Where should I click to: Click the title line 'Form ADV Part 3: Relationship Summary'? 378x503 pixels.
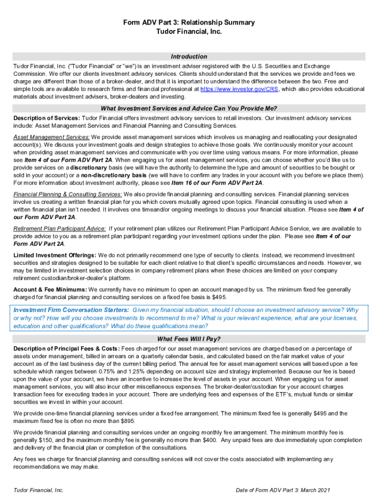[x=189, y=23]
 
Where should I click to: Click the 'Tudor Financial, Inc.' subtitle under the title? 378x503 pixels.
[x=189, y=31]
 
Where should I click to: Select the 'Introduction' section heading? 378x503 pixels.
[x=189, y=56]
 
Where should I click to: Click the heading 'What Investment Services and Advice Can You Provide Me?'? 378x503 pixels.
[x=189, y=109]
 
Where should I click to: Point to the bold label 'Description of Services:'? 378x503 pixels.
[x=46, y=118]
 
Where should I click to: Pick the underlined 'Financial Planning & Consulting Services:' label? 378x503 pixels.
[x=68, y=195]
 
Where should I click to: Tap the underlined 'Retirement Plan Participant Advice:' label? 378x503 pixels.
[x=59, y=228]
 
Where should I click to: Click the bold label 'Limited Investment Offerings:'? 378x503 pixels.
[x=55, y=255]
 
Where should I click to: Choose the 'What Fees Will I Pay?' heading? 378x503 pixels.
[x=189, y=339]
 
